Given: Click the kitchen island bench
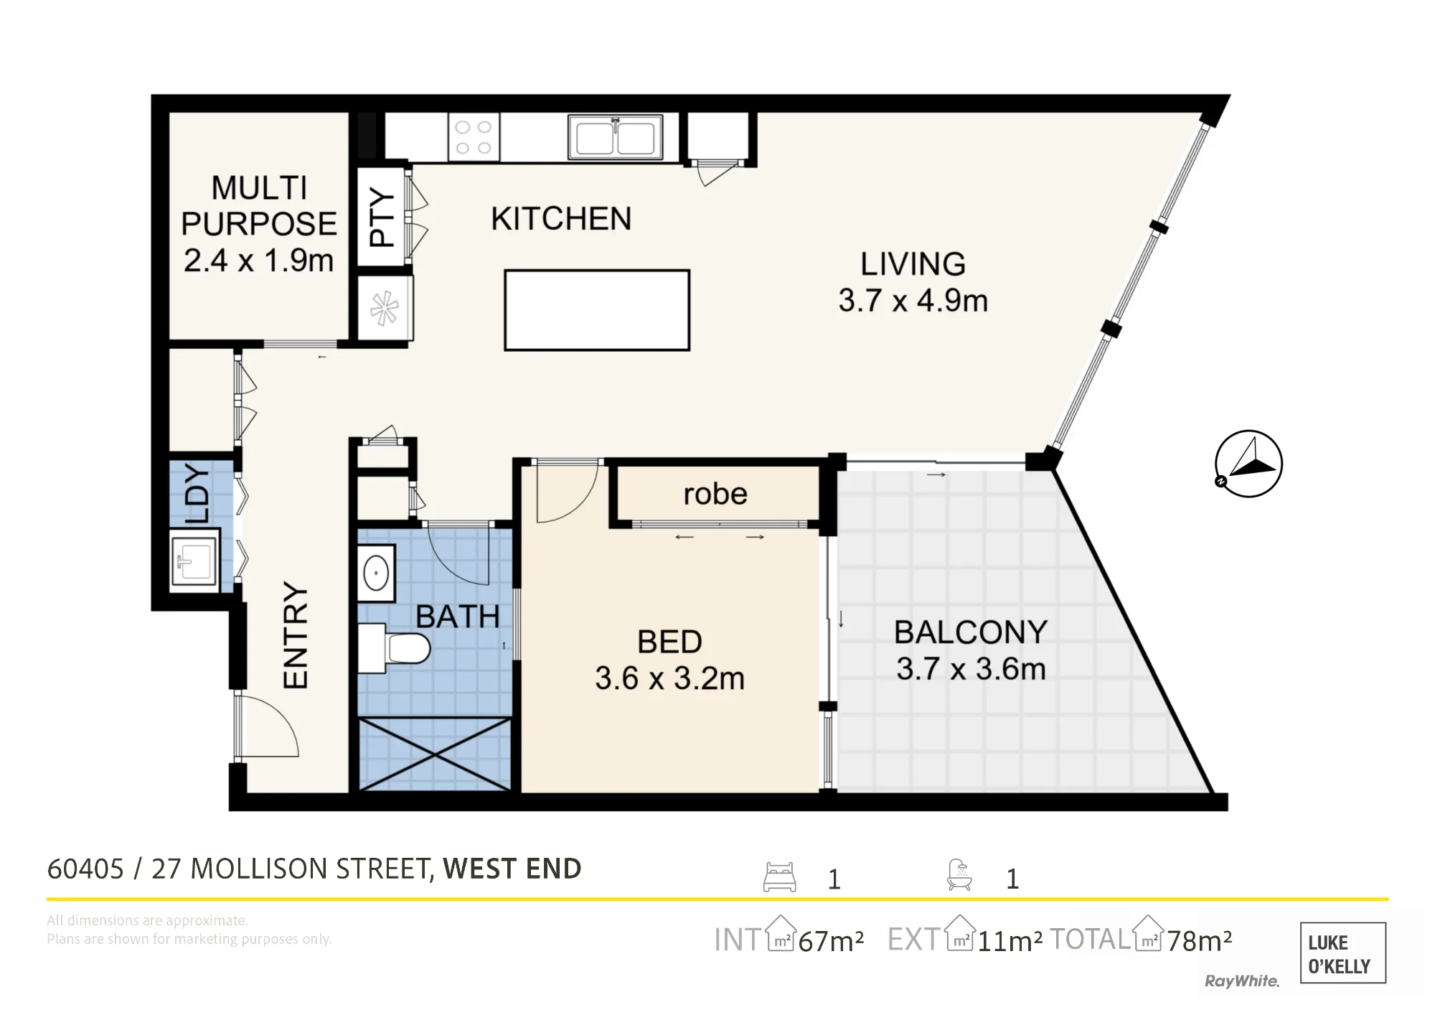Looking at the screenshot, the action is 597,310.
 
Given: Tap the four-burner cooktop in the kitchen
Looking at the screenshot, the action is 474,137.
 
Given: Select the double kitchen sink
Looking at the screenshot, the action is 615,136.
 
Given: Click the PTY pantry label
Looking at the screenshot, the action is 382,217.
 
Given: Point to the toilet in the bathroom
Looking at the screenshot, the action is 394,648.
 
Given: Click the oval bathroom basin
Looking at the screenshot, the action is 376,574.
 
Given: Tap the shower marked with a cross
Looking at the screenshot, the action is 435,754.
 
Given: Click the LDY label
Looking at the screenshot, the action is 197,494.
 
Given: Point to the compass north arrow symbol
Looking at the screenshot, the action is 1248,464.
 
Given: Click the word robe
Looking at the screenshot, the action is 715,494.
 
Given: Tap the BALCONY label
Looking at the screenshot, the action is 971,632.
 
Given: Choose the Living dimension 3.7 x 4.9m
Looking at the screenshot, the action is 913,301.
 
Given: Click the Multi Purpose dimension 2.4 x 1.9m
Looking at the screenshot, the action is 259,261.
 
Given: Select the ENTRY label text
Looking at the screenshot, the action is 296,635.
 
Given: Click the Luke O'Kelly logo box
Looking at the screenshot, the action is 1342,953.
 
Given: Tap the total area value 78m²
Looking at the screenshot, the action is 1200,940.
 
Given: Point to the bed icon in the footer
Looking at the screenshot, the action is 779,877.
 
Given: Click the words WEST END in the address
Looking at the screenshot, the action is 512,869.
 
